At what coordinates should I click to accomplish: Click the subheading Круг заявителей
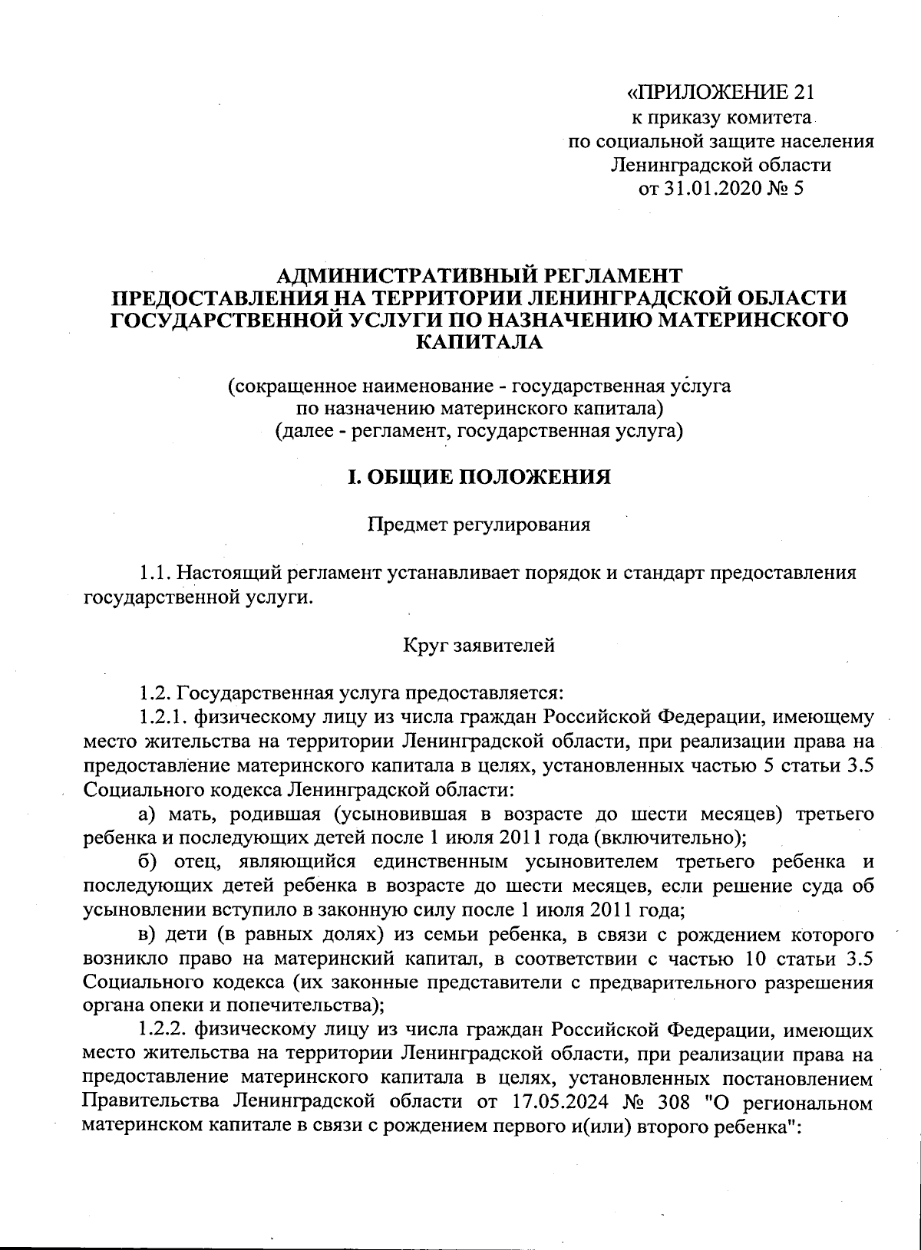pyautogui.click(x=479, y=646)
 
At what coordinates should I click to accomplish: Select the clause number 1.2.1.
pyautogui.click(x=163, y=718)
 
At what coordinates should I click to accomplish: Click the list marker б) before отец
pyautogui.click(x=149, y=860)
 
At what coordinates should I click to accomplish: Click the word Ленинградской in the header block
pyautogui.click(x=666, y=165)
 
